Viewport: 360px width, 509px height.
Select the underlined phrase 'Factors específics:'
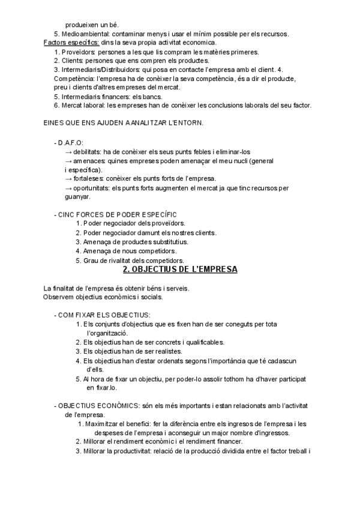click(66, 43)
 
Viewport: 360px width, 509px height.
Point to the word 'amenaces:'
click(89, 161)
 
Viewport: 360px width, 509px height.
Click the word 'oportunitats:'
click(94, 188)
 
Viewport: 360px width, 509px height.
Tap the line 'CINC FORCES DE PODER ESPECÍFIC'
click(118, 214)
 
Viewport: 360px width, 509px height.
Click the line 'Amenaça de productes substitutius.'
click(136, 241)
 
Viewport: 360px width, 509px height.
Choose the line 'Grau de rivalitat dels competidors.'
click(134, 261)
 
